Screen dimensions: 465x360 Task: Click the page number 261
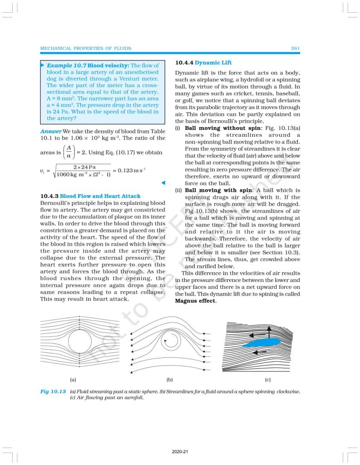(x=294, y=48)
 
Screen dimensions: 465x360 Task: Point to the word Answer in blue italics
(x=50, y=132)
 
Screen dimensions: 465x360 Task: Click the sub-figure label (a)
(x=73, y=379)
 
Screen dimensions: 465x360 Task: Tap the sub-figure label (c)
(x=268, y=379)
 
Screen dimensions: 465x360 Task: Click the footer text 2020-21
(x=180, y=452)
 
